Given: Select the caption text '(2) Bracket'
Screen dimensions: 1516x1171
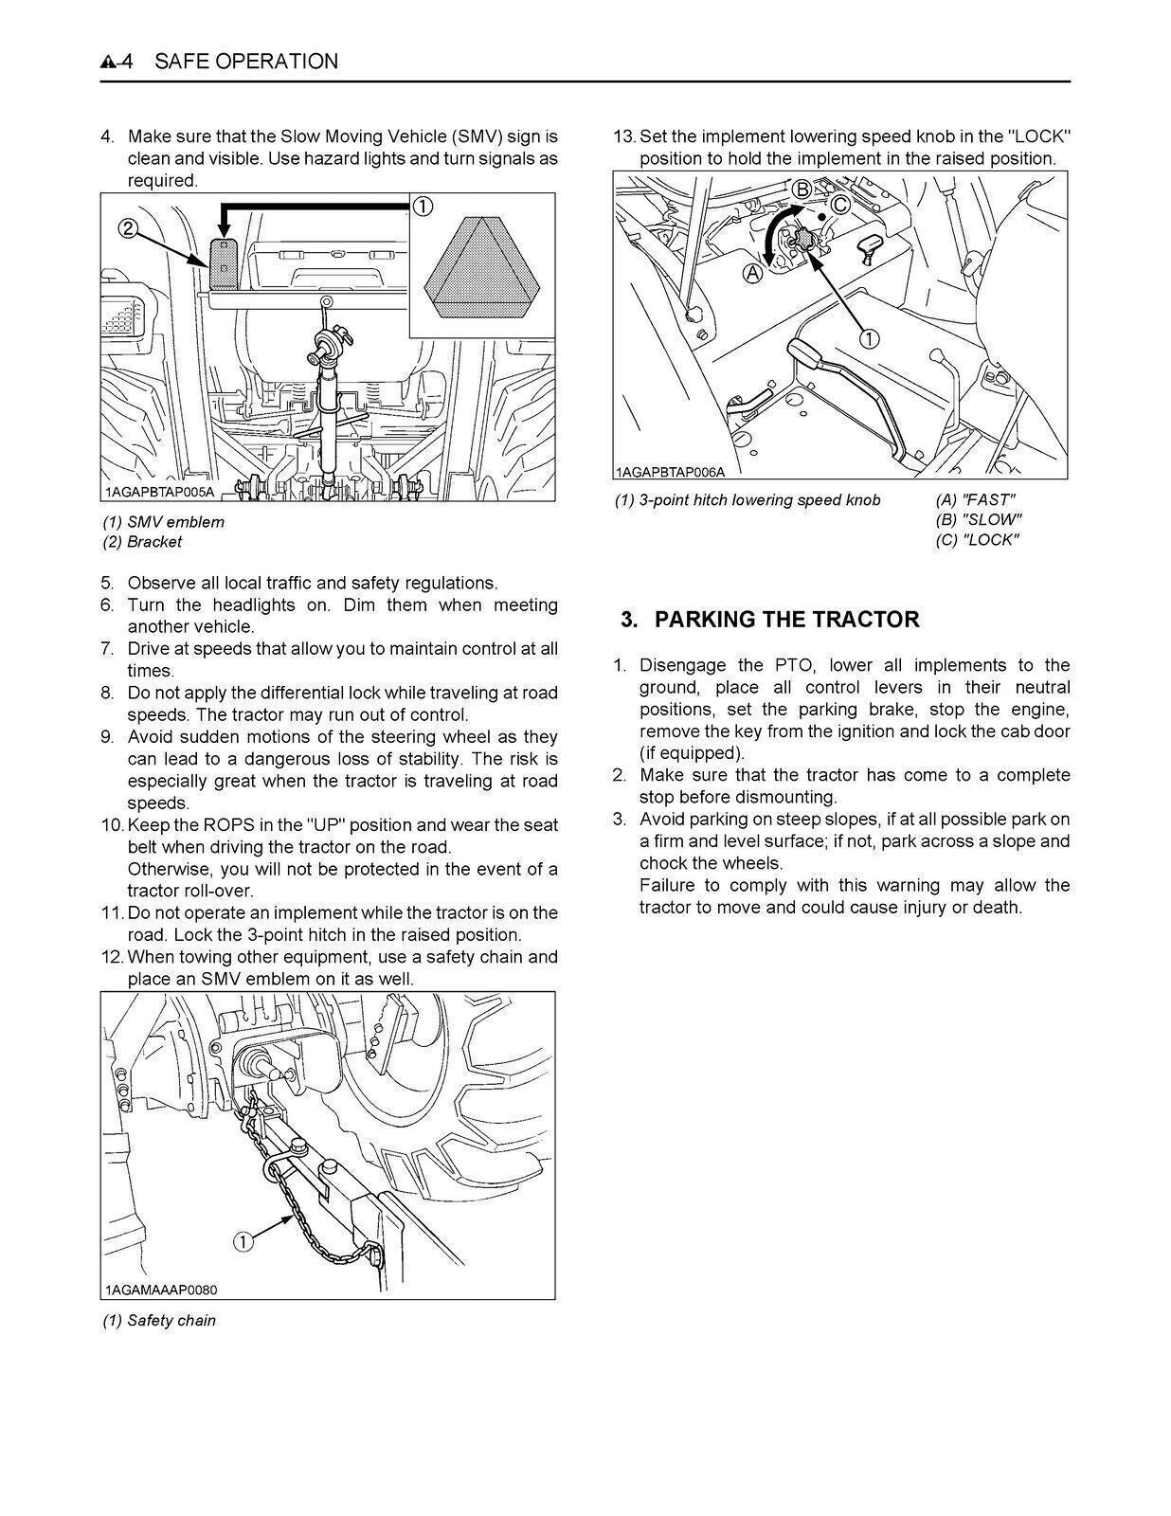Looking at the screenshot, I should pyautogui.click(x=142, y=542).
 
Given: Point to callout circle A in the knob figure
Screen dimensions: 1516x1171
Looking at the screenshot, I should pyautogui.click(x=753, y=274).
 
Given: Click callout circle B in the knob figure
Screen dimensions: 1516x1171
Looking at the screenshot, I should pyautogui.click(x=802, y=189).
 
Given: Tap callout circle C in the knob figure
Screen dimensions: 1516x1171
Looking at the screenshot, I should pyautogui.click(x=839, y=204).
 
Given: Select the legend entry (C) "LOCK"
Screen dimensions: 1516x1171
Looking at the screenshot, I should pyautogui.click(x=977, y=540).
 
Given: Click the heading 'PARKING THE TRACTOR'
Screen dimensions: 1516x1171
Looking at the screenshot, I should pyautogui.click(x=786, y=620).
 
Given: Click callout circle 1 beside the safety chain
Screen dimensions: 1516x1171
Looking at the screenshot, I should pyautogui.click(x=243, y=1241).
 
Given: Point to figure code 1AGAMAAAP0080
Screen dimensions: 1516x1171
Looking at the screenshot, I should pyautogui.click(x=161, y=1290).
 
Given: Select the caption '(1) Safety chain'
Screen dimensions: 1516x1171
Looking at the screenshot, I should pyautogui.click(x=159, y=1320).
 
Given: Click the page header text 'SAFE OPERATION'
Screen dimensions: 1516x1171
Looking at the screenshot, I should pyautogui.click(x=245, y=62).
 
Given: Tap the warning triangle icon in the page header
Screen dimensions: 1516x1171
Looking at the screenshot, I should pyautogui.click(x=109, y=63).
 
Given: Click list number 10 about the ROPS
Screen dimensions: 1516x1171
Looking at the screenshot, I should pyautogui.click(x=112, y=825).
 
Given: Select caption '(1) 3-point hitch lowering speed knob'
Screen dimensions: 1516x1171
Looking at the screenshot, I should pyautogui.click(x=748, y=499).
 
